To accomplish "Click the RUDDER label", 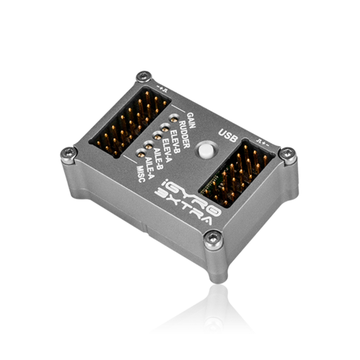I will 180,131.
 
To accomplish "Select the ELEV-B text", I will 172,140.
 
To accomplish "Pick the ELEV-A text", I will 166,149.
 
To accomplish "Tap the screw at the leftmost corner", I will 68,150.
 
